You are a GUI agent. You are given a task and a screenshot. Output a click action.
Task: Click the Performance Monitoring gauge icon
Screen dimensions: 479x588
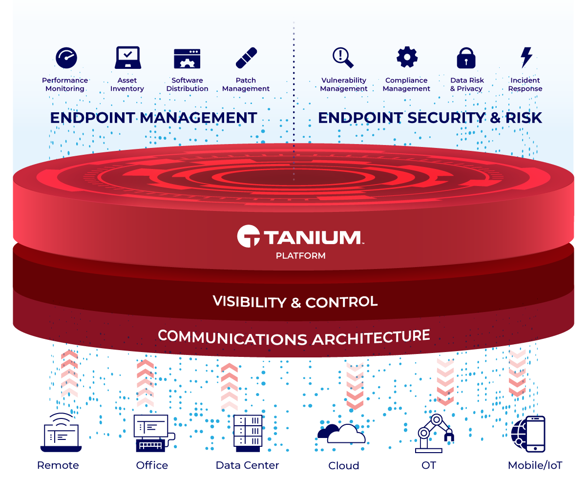[x=66, y=58]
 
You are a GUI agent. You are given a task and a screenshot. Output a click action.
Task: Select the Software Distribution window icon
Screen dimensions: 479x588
[x=187, y=58]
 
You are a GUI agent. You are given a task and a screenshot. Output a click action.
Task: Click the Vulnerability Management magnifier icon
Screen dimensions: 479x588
[x=343, y=58]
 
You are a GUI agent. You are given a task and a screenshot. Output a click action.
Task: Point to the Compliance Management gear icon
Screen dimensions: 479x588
[x=407, y=58]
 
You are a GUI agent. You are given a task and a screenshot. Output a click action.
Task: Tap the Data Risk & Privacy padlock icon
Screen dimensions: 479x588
[x=466, y=58]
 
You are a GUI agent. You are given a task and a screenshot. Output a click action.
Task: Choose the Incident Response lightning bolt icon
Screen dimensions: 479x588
[x=526, y=58]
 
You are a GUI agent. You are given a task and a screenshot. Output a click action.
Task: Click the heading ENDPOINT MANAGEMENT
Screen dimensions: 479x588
[x=153, y=118]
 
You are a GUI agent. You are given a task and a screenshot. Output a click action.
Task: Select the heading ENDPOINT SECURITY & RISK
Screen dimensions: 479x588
[x=430, y=118]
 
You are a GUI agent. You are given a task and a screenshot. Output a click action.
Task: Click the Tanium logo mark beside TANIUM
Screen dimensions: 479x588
[x=248, y=236]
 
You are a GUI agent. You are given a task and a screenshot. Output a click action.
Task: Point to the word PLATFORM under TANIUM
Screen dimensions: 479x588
[x=300, y=255]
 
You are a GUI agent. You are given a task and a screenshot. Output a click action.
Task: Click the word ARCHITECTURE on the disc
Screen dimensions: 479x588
[x=371, y=337]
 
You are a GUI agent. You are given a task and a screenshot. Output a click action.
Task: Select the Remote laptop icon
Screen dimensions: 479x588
[x=61, y=432]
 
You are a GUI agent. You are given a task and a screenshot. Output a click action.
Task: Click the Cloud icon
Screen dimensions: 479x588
[x=342, y=433]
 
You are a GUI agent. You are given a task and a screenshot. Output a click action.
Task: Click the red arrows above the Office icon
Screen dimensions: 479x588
[x=145, y=383]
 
